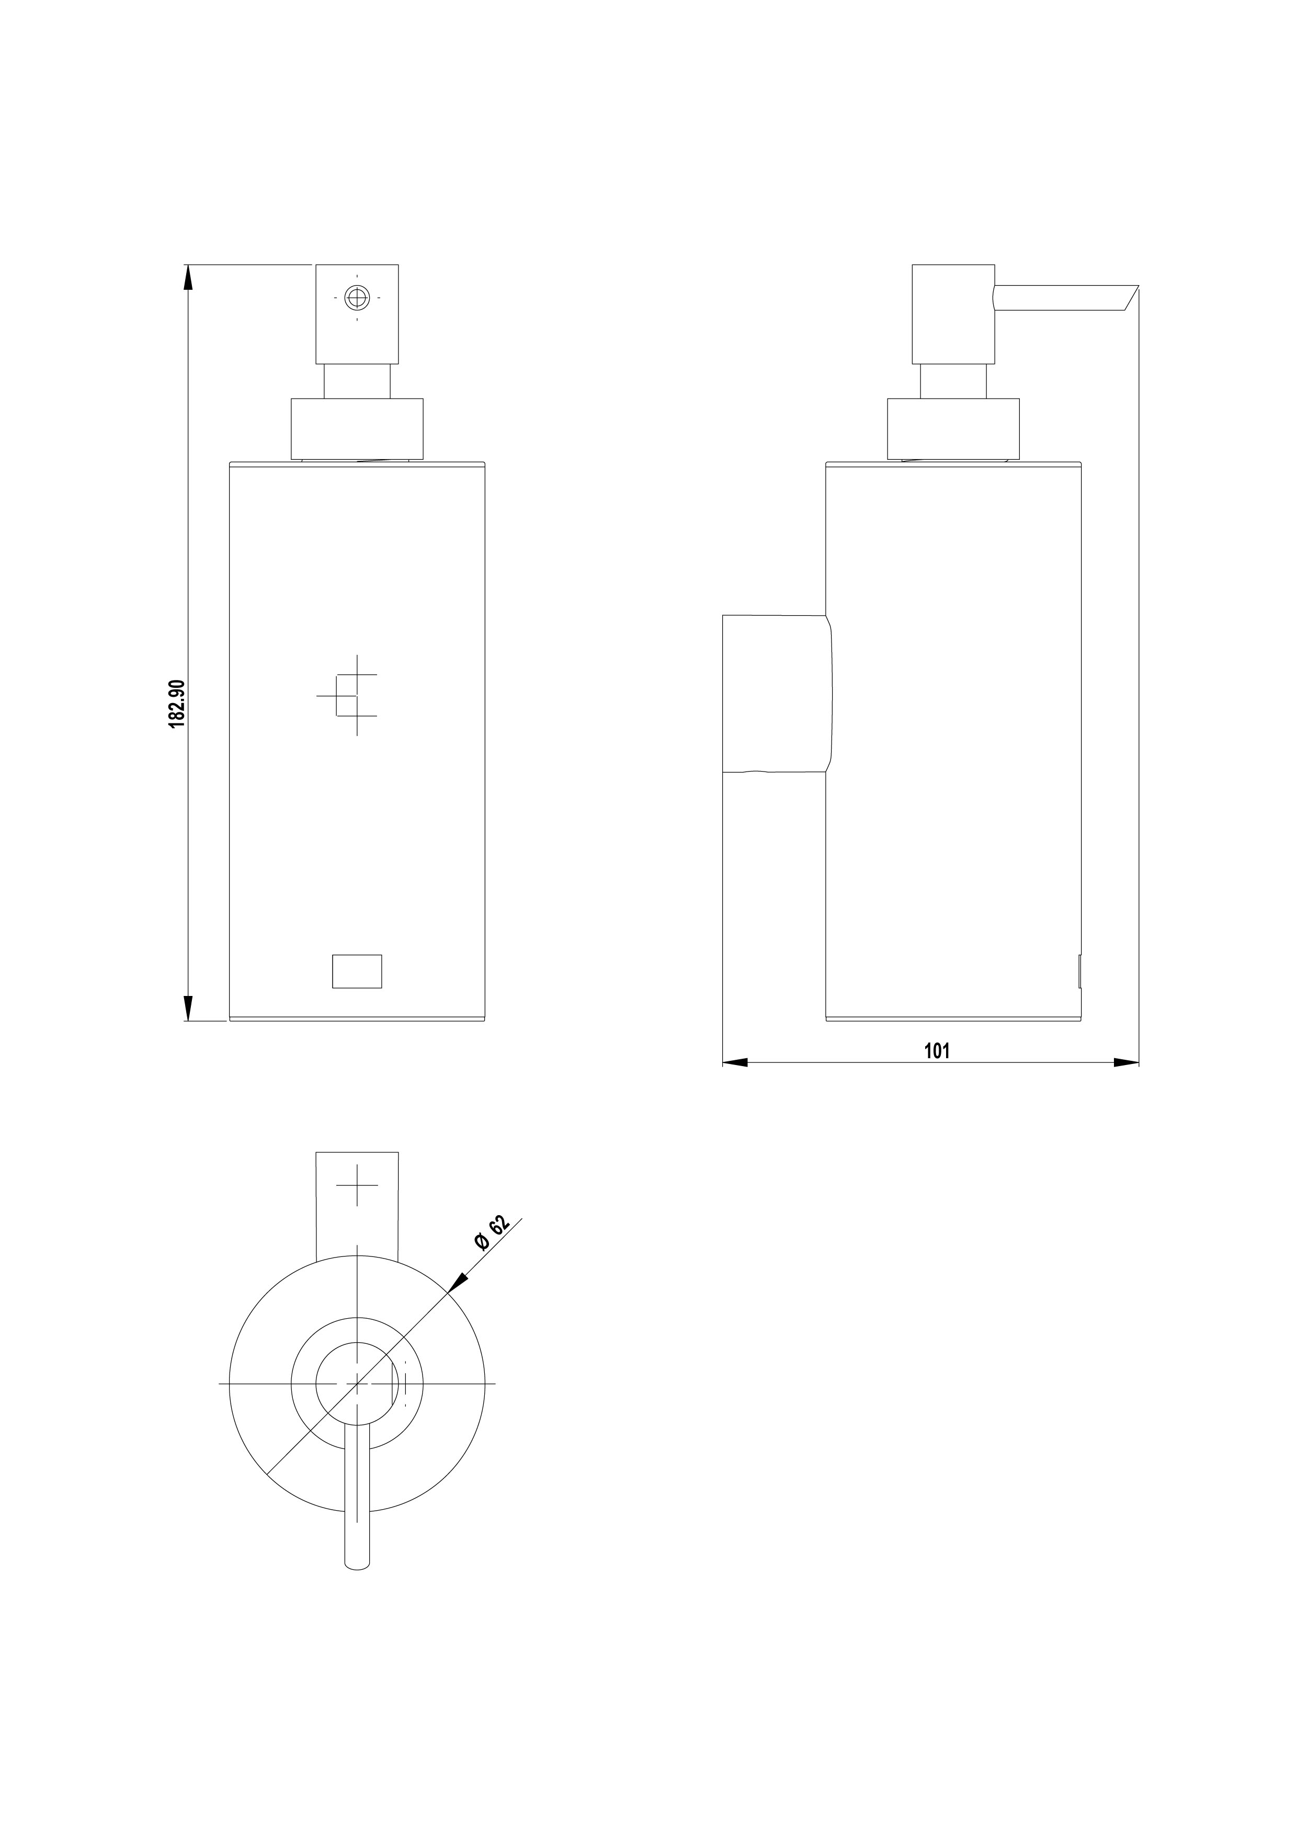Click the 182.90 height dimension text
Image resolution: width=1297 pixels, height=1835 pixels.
coord(177,704)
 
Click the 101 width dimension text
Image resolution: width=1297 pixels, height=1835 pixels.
coord(937,1050)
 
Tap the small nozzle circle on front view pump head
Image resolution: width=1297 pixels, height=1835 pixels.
coord(357,297)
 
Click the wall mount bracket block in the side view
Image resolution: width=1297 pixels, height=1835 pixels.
coord(777,693)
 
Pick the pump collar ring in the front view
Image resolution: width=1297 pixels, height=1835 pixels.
coord(357,428)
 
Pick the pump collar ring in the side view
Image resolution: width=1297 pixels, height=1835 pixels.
coord(953,428)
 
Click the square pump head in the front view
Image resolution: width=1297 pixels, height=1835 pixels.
coord(357,314)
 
